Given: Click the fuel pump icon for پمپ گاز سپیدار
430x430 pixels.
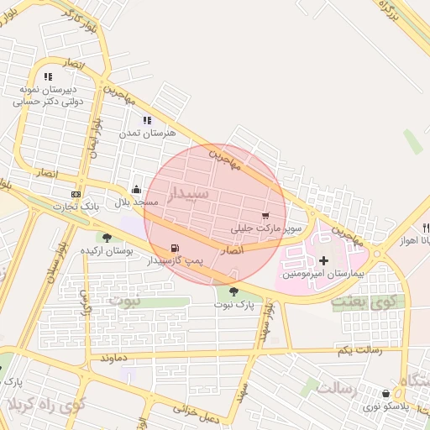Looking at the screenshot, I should coord(174,248).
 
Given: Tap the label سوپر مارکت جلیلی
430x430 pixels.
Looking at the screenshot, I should coord(266,228).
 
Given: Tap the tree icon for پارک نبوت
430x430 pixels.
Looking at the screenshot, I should coord(233,291).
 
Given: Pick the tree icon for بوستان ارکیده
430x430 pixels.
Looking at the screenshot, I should coord(107,238).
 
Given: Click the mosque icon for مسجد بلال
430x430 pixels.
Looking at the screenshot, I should coord(136,190).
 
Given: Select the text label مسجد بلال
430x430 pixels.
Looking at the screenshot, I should coord(132,203).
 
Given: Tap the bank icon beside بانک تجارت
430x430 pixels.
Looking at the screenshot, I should coord(76,194).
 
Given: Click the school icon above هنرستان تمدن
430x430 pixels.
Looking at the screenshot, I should coord(147,120).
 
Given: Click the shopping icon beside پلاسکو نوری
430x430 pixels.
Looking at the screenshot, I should coord(385,392).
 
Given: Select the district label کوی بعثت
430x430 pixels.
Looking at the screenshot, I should coord(362,301).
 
